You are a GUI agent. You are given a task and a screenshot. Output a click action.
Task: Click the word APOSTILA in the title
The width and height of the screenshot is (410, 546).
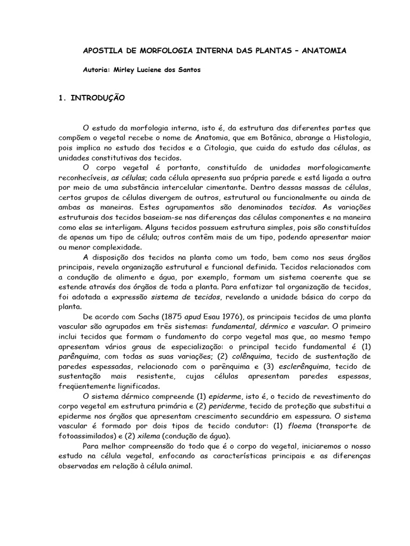tap(102, 51)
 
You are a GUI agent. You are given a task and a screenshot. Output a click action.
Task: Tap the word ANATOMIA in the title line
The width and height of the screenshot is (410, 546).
tap(325, 51)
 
